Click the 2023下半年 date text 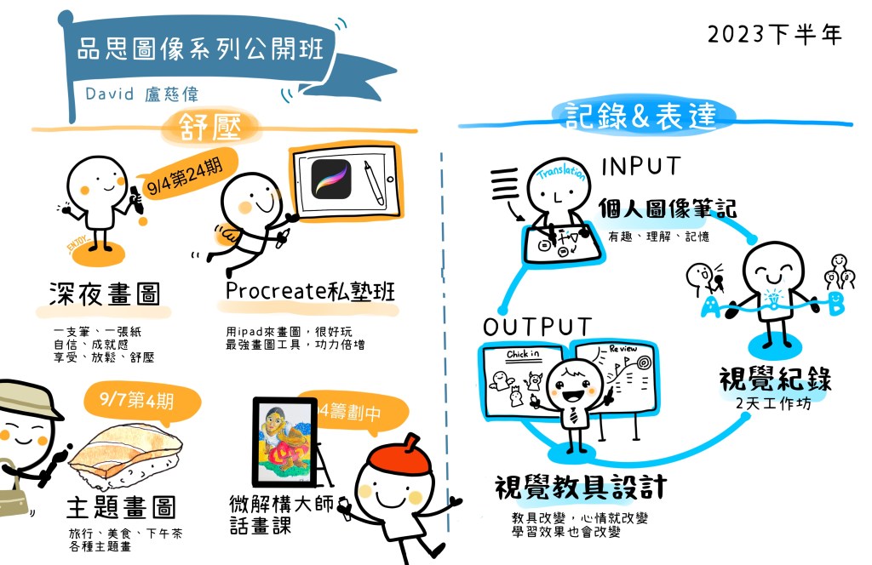pyautogui.click(x=774, y=34)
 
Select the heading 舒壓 pyautogui.click(x=209, y=126)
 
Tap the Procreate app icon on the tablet pyautogui.click(x=332, y=179)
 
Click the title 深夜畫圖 pyautogui.click(x=104, y=294)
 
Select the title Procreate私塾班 pyautogui.click(x=310, y=291)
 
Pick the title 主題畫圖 pyautogui.click(x=121, y=508)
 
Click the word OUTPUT pyautogui.click(x=536, y=328)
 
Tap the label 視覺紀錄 pyautogui.click(x=775, y=378)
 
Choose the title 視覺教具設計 pyautogui.click(x=580, y=488)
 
